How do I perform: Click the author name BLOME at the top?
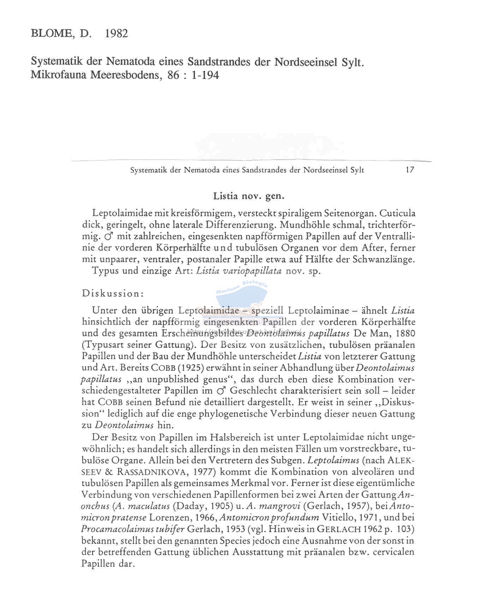[x=52, y=34]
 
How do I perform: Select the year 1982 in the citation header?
[x=117, y=34]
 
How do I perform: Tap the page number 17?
[x=410, y=170]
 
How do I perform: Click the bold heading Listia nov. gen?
[x=249, y=196]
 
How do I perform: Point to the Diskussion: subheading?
[x=113, y=293]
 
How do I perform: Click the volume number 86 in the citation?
[x=173, y=75]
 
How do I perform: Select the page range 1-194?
[x=205, y=75]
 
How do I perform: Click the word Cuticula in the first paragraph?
[x=396, y=213]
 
